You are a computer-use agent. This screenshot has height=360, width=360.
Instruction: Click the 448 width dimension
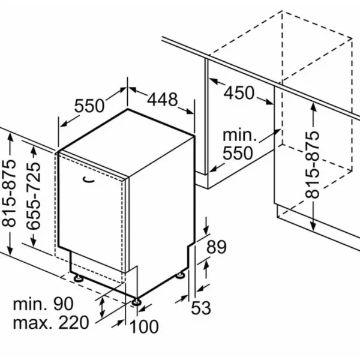point(163,100)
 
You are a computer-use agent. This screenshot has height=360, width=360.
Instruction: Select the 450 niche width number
point(239,93)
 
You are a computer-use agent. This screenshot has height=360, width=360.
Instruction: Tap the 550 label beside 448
point(89,106)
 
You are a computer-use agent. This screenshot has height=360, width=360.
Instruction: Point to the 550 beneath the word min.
point(238,153)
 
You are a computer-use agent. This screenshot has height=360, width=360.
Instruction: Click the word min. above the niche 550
point(239,136)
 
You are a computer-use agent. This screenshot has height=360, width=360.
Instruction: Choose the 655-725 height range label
point(34,196)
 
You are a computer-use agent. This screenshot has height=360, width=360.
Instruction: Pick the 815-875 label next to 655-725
point(9,193)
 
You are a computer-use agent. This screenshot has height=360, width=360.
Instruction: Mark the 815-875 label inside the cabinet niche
point(312,164)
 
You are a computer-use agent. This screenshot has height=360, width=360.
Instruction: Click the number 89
point(216,247)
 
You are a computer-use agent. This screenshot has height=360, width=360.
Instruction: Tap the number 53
point(200,308)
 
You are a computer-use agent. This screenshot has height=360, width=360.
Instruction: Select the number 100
point(144,326)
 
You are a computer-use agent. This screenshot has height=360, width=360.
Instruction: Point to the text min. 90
point(43,304)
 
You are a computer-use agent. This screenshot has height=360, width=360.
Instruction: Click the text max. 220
point(51,322)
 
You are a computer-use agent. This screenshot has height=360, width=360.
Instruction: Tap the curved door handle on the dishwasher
point(89,179)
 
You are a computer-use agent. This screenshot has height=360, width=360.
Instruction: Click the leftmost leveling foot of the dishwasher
point(78,278)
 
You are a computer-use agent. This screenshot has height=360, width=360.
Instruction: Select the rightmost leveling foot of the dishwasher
point(180,275)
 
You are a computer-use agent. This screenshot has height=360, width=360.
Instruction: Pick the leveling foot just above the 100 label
point(136,302)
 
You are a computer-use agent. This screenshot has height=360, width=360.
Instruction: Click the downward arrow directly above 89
point(206,226)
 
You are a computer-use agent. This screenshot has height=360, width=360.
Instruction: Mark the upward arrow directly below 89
point(206,269)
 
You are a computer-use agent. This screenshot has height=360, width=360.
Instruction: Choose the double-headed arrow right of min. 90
point(102,307)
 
